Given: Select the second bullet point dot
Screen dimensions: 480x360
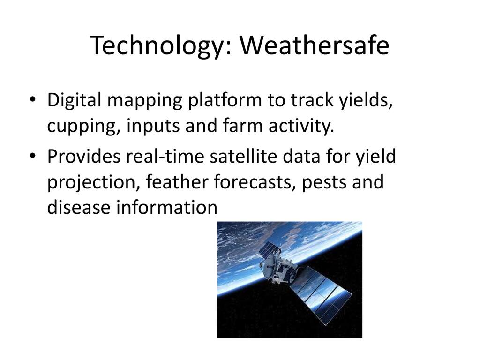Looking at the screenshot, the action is [x=32, y=156].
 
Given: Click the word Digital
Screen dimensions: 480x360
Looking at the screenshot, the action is [x=74, y=100].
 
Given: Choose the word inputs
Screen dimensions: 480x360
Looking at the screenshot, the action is [x=153, y=127].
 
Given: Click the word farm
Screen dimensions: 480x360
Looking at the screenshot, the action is [x=243, y=126].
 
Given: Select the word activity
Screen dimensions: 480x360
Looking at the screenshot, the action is [x=301, y=127].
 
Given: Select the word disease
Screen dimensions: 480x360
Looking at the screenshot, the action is [x=79, y=207].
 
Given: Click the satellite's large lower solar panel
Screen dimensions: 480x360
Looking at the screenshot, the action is [x=320, y=294].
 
